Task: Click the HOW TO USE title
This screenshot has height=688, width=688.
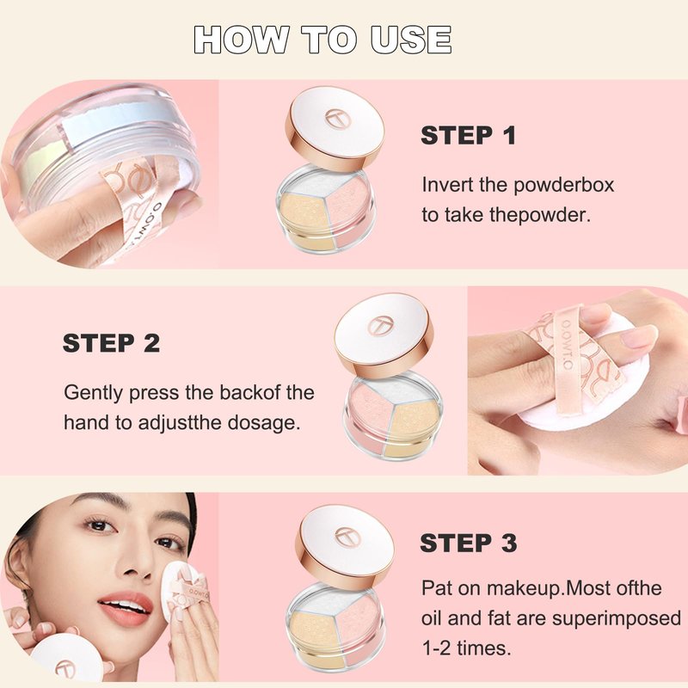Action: pyautogui.click(x=322, y=40)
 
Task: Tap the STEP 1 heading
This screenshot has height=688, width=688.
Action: pyautogui.click(x=468, y=135)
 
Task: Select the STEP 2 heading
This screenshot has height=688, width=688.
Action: pyautogui.click(x=112, y=343)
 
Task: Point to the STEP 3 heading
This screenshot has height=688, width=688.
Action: pyautogui.click(x=469, y=544)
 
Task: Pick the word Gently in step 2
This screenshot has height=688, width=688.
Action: pyautogui.click(x=93, y=394)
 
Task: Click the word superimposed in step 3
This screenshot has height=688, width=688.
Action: pyautogui.click(x=616, y=619)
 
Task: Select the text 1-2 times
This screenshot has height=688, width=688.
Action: pyautogui.click(x=466, y=648)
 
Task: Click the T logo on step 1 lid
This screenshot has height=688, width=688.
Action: pyautogui.click(x=336, y=119)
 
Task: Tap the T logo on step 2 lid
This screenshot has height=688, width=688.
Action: pyautogui.click(x=380, y=326)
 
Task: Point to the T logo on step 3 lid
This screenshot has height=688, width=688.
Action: pyautogui.click(x=347, y=537)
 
